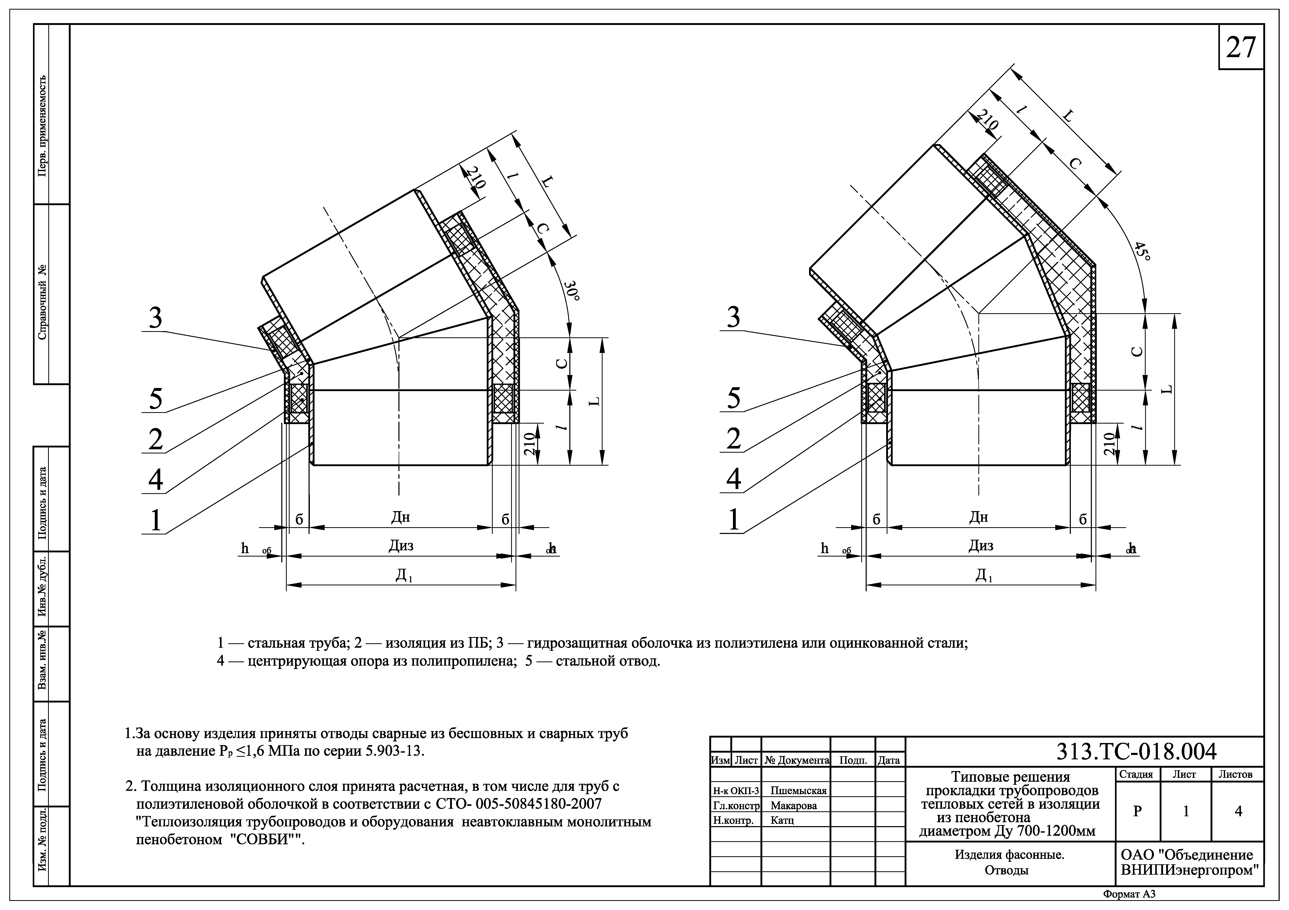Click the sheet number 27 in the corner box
coord(1240,48)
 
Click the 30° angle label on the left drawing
coord(571,291)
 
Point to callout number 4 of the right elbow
coord(734,479)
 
